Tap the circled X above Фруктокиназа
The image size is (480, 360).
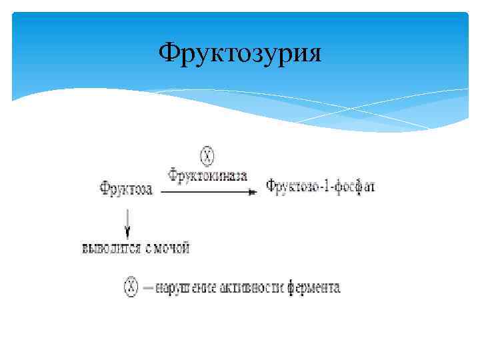pos(208,157)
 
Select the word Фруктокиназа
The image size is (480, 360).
pos(208,175)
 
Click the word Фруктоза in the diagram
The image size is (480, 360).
pos(127,189)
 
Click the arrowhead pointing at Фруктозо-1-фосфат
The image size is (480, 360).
pos(253,192)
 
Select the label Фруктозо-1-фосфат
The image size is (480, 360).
pos(321,186)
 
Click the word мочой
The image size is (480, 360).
pos(173,249)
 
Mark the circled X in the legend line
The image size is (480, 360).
pos(131,288)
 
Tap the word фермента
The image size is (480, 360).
pos(313,288)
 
